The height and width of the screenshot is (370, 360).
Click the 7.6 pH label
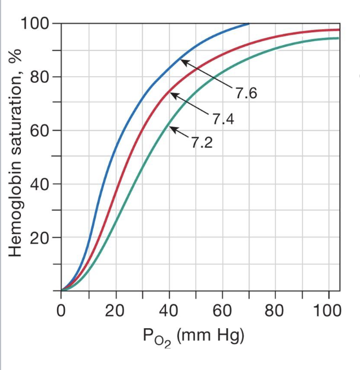click(x=246, y=93)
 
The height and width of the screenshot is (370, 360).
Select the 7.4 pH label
click(x=223, y=119)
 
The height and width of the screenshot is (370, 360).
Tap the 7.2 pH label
click(x=201, y=143)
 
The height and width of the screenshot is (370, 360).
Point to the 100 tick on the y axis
click(x=34, y=24)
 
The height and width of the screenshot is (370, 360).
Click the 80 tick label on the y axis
click(x=40, y=77)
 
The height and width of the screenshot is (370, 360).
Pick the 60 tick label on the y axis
click(x=40, y=131)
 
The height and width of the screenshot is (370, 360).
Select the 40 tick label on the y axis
click(x=40, y=184)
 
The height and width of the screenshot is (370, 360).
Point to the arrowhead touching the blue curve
click(x=183, y=60)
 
